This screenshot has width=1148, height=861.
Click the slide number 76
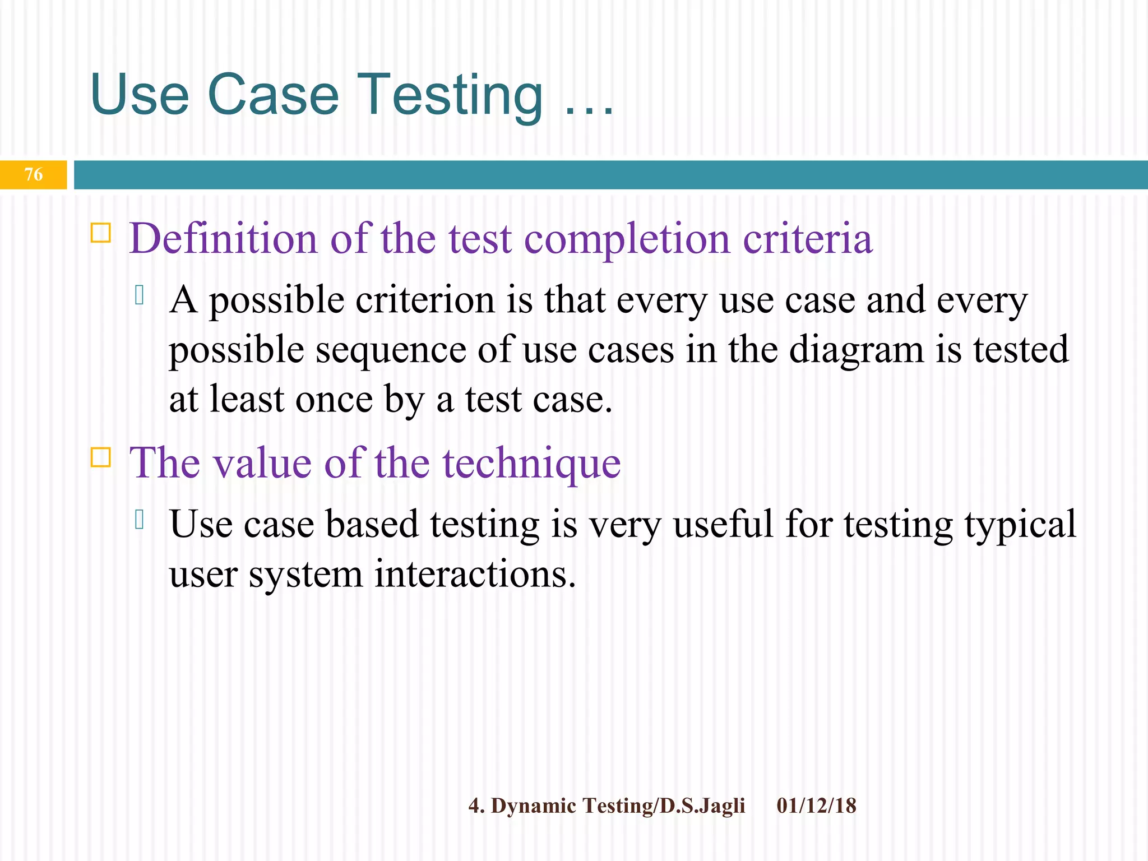click(x=34, y=174)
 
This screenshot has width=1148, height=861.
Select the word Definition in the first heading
click(x=223, y=239)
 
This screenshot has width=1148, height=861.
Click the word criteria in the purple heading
click(x=808, y=239)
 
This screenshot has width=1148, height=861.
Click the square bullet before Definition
click(x=101, y=232)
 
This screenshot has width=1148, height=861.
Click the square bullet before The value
click(x=101, y=457)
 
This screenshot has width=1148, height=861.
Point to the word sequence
click(x=390, y=351)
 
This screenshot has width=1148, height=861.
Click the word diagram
click(x=857, y=351)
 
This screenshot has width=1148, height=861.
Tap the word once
click(x=334, y=400)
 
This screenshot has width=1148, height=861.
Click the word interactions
click(x=475, y=575)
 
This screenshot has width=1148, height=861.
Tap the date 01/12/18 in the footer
click(x=816, y=806)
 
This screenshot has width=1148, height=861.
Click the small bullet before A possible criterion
click(x=140, y=295)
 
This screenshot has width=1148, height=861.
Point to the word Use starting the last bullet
click(x=201, y=524)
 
